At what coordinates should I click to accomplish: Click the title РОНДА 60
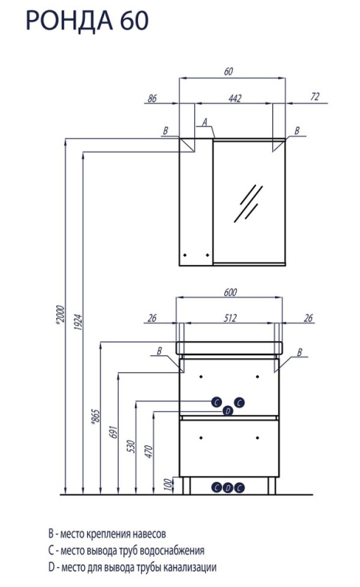[87, 20]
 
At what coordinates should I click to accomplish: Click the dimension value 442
[235, 98]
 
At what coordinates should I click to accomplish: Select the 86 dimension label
[152, 98]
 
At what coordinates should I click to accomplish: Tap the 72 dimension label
[315, 96]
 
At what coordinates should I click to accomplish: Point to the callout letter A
[204, 122]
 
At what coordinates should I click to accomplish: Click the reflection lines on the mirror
[248, 203]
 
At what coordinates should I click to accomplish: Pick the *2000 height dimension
[60, 314]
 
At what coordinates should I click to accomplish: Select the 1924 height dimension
[78, 321]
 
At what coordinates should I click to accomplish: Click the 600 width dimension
[230, 292]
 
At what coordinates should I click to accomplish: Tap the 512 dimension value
[230, 318]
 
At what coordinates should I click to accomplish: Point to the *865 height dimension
[95, 416]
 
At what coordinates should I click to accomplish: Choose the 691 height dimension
[114, 431]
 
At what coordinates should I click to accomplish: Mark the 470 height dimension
[149, 452]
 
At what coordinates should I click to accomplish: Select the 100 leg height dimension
[169, 485]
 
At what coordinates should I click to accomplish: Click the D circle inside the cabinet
[227, 411]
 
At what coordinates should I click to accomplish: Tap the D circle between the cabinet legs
[228, 488]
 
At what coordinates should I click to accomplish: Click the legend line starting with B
[107, 533]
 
